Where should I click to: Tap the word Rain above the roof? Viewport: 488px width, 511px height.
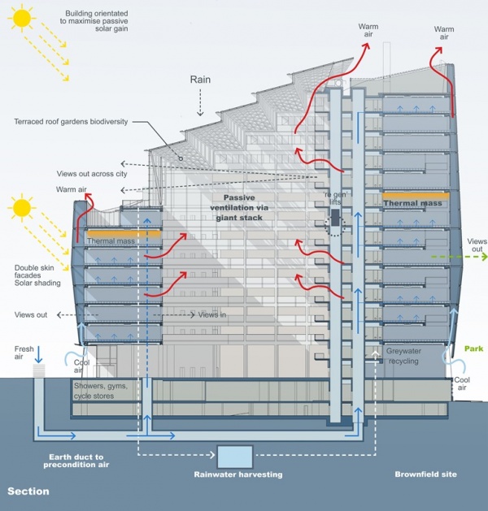pyautogui.click(x=201, y=80)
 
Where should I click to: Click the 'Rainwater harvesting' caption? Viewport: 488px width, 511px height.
pyautogui.click(x=234, y=474)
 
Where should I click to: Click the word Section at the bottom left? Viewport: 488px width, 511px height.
pyautogui.click(x=28, y=492)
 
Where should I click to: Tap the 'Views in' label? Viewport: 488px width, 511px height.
pyautogui.click(x=211, y=314)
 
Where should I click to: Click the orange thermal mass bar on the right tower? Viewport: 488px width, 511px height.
pyautogui.click(x=413, y=195)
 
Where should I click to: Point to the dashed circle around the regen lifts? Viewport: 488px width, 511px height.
pyautogui.click(x=334, y=224)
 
